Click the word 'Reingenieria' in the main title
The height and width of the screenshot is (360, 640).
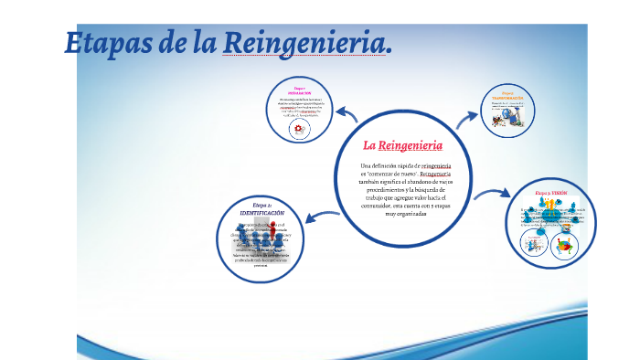tap(307, 43)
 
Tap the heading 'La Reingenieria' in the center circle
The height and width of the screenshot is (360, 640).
tap(403, 145)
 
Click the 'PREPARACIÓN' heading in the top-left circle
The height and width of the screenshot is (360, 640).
tap(299, 93)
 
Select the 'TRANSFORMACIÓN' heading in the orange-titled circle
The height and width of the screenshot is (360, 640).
tap(507, 98)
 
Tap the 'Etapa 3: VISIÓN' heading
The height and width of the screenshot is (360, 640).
tap(558, 194)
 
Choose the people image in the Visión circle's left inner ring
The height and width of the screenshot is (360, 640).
tap(534, 244)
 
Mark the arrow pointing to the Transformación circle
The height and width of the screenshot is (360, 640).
tap(468, 117)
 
